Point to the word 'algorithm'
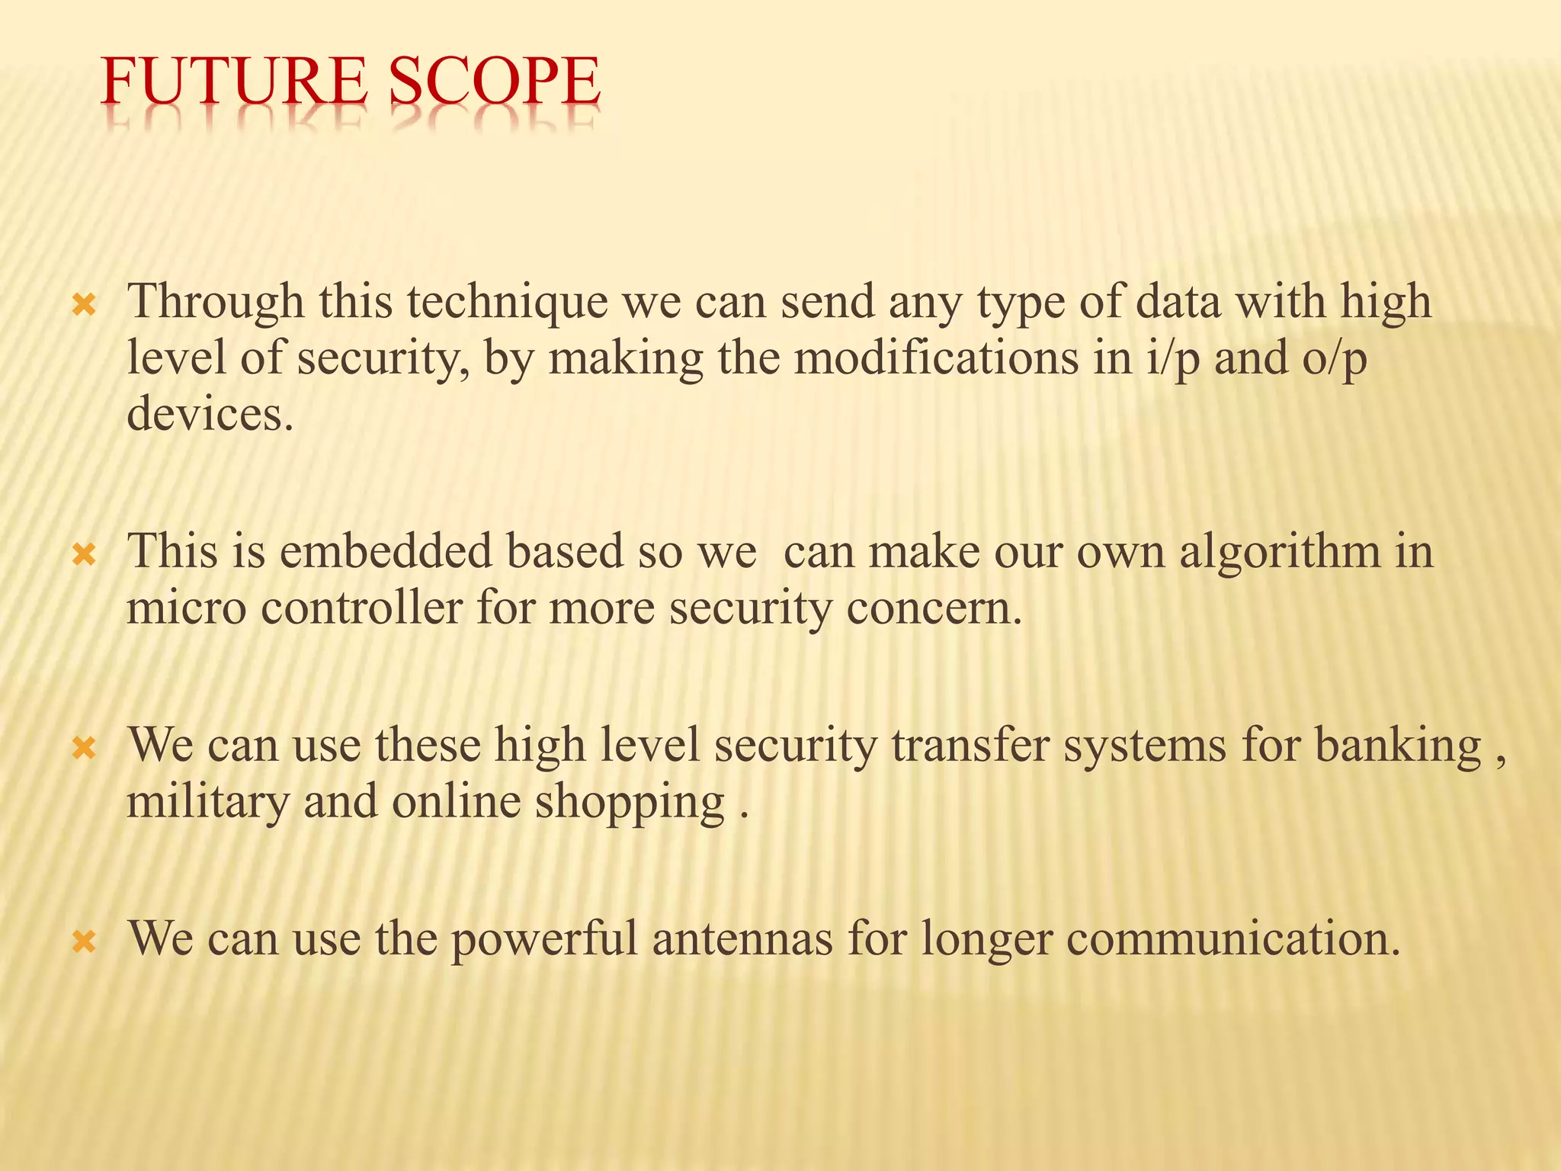pyautogui.click(x=1280, y=553)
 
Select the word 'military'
pyautogui.click(x=207, y=804)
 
